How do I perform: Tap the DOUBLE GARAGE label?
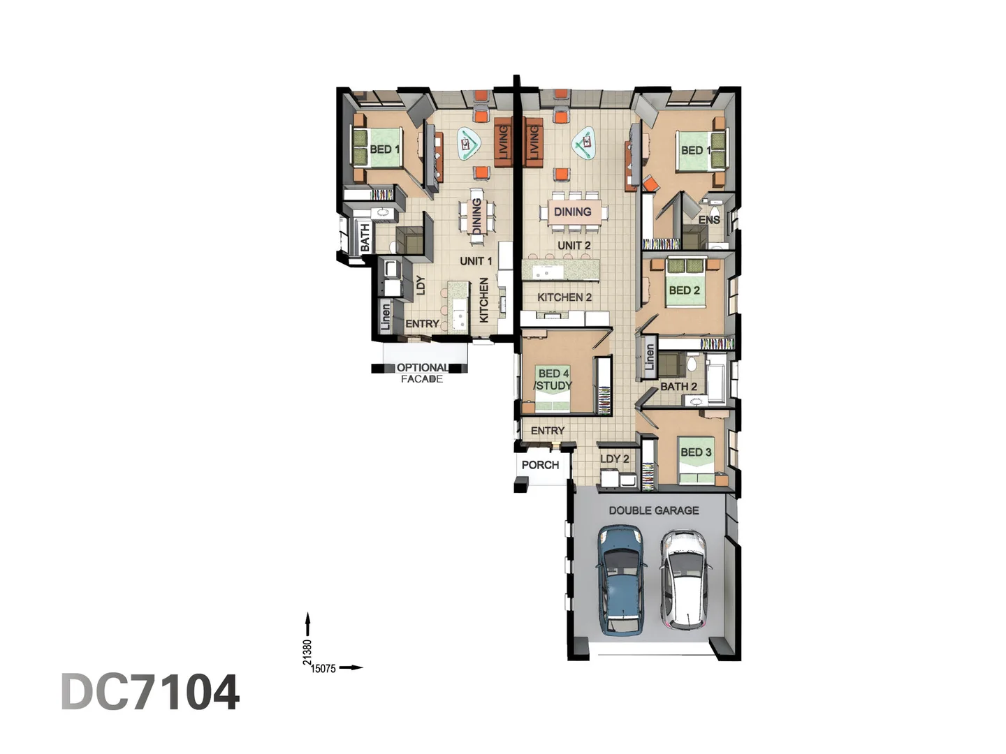click(653, 510)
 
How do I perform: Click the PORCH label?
click(540, 465)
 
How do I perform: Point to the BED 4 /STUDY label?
click(553, 380)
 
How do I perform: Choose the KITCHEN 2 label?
click(564, 297)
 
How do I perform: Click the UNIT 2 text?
click(574, 246)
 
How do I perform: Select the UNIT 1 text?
click(476, 261)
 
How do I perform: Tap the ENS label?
click(709, 220)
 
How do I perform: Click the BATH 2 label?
click(678, 387)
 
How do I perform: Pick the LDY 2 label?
click(615, 459)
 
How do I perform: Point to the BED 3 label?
click(696, 452)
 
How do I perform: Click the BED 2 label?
click(684, 290)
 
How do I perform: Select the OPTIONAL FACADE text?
click(422, 373)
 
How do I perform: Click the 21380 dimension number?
click(307, 652)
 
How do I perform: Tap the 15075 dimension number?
click(323, 669)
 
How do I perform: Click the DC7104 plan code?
click(150, 692)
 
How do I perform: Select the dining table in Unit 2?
click(572, 212)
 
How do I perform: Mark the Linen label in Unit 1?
click(385, 316)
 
